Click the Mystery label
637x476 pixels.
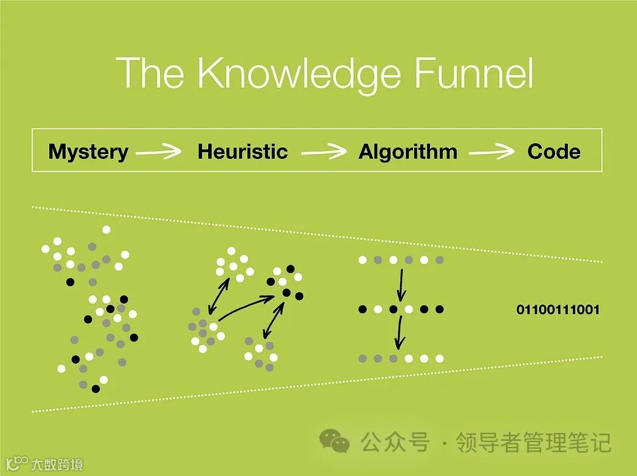88,151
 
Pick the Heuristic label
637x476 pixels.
243,151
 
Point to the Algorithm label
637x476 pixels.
408,151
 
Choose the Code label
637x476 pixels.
554,151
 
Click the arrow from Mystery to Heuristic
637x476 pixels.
158,152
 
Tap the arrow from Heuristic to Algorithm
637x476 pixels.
324,152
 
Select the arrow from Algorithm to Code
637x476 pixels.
491,152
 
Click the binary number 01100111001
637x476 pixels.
558,310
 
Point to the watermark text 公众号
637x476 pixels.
395,442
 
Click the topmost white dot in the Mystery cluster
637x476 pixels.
107,229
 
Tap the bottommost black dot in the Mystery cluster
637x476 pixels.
96,389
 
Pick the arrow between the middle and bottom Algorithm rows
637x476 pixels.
399,334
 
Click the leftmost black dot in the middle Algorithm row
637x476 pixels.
363,309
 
